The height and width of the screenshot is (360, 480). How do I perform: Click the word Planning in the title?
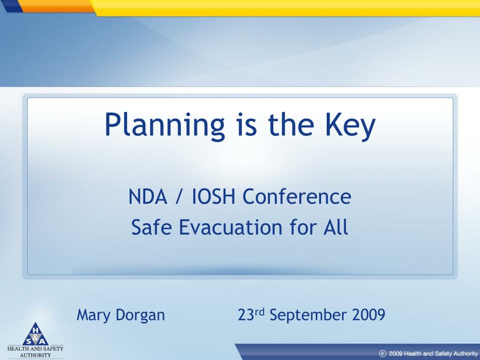[165, 126]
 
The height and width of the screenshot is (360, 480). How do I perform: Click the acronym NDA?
[148, 196]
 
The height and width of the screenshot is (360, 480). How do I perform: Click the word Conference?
[297, 196]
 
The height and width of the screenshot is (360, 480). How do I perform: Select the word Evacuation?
[231, 227]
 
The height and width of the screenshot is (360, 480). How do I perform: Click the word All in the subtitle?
[336, 227]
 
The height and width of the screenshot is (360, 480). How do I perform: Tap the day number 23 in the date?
[246, 315]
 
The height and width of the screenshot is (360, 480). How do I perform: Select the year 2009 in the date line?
[368, 315]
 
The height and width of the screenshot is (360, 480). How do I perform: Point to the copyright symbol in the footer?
[382, 353]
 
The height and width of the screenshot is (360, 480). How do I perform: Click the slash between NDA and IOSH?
[179, 197]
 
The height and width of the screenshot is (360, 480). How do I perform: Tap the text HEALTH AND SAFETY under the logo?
[36, 348]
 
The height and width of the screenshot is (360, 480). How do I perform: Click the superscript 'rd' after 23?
[259, 312]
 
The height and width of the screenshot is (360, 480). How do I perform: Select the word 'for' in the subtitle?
[302, 227]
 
